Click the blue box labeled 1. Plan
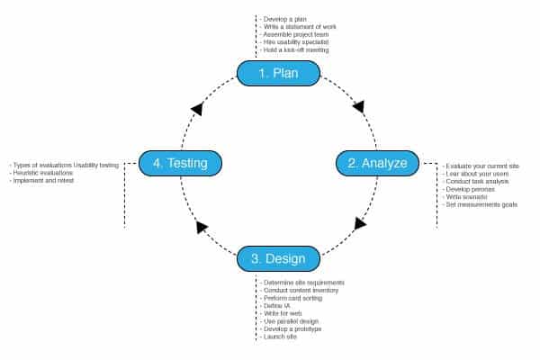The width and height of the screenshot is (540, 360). coord(278,73)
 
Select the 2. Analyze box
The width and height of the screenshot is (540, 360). coord(377,163)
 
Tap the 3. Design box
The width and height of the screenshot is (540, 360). coord(278,258)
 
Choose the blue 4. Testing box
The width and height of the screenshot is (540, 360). coord(180,163)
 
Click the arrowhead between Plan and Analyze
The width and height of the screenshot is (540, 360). coord(358,107)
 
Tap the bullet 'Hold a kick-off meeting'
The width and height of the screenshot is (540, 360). coord(295,49)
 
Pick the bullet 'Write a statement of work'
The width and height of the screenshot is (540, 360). coord(297,25)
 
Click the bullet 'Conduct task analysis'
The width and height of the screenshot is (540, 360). coord(477,181)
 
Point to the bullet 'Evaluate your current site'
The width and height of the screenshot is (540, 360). coord(481,166)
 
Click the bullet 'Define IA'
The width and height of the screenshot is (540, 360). coord(274,306)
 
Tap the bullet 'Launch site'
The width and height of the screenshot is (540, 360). coord(280,337)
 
